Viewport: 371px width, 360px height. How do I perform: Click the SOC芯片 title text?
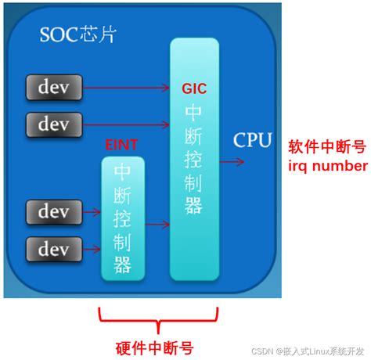click(x=77, y=34)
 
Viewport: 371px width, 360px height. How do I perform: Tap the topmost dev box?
click(x=54, y=88)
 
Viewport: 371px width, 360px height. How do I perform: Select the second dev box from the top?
click(x=54, y=124)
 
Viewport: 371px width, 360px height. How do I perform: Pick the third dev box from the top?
click(x=54, y=212)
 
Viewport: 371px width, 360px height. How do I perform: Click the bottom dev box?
click(x=54, y=249)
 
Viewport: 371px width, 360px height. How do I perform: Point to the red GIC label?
click(x=194, y=88)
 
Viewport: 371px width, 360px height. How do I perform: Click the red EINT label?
click(x=121, y=145)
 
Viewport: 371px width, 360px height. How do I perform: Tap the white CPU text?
click(x=252, y=140)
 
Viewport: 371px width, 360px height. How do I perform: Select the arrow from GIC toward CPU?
click(x=232, y=162)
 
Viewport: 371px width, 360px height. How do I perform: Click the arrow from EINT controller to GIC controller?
click(x=157, y=225)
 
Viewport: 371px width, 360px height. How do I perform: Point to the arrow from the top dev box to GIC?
click(x=126, y=88)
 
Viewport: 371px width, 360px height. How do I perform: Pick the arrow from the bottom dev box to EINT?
click(x=92, y=250)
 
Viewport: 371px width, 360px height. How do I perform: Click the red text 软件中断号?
click(x=327, y=146)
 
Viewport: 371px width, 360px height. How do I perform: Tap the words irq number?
click(x=328, y=166)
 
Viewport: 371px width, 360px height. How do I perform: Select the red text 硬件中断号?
click(x=154, y=348)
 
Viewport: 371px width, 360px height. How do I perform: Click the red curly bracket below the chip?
click(x=158, y=320)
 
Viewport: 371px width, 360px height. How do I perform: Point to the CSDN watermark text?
click(x=308, y=351)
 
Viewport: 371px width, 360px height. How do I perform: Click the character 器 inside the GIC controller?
click(x=193, y=206)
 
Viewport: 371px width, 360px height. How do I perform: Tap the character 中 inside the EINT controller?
click(x=122, y=171)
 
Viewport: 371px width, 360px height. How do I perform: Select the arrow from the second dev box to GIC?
click(x=126, y=124)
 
